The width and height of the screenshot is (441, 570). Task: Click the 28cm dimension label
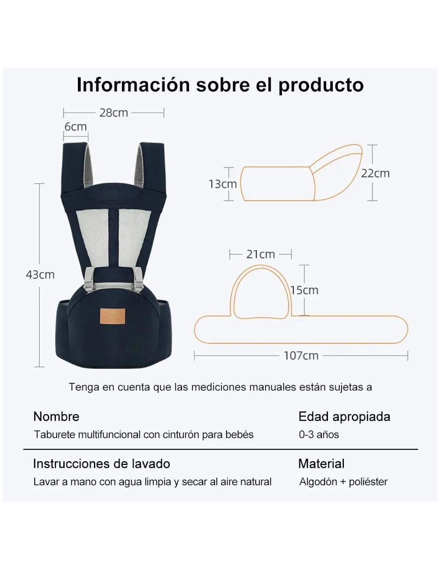114,113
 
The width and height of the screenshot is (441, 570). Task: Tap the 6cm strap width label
76,127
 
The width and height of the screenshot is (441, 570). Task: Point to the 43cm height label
40,275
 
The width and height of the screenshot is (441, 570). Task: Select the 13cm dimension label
222,184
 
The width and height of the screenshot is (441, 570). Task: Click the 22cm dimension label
375,174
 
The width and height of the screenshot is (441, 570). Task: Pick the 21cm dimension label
260,254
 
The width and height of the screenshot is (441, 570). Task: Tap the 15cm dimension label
304,290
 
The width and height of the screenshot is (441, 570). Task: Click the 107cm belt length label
301,356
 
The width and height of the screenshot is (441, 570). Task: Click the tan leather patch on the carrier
113,316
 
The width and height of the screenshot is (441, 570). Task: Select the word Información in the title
133,85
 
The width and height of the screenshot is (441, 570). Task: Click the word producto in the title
321,85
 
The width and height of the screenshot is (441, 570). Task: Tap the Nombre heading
56,417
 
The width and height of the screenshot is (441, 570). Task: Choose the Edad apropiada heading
344,417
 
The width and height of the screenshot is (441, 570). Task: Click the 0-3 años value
319,434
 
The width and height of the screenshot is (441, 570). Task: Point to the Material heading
321,464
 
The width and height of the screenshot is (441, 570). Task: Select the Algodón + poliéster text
343,482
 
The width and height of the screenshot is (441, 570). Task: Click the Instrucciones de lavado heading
101,464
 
